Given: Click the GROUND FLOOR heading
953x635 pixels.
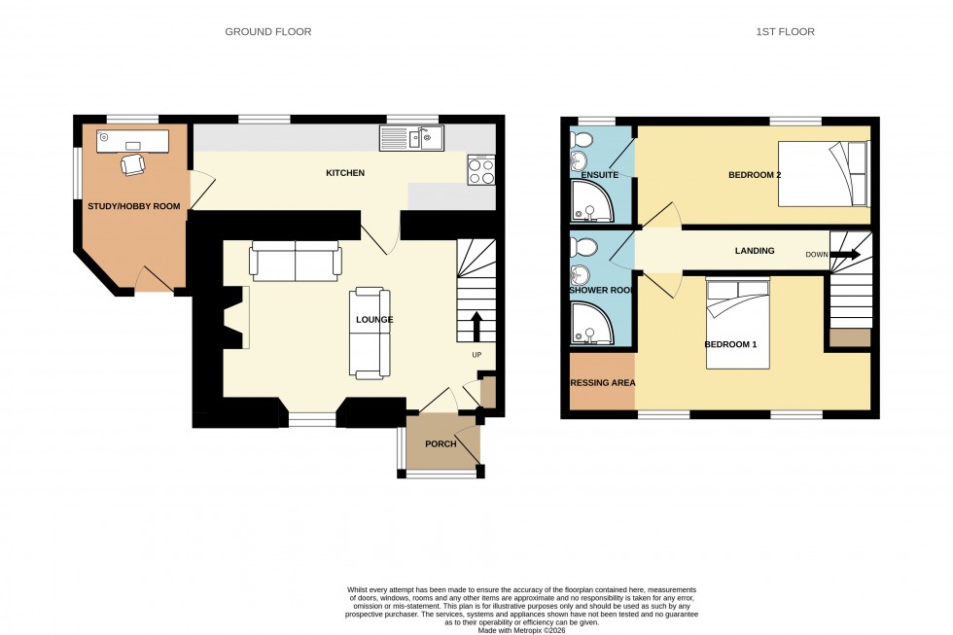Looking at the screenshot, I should tap(268, 32).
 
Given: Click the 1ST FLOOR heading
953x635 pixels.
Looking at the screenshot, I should tap(785, 32).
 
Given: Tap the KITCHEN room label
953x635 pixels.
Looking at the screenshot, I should tap(345, 173).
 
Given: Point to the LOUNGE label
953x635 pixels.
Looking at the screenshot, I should tap(374, 319).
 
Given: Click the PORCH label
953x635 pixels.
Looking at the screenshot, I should tap(441, 444).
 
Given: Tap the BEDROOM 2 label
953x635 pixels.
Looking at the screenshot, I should tap(756, 175).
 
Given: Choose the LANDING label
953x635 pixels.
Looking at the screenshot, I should tap(755, 251).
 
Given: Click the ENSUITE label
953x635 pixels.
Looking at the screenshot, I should tap(600, 175).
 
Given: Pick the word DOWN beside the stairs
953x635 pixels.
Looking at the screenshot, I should tap(817, 255).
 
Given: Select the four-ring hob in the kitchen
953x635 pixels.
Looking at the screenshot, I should tap(481, 171).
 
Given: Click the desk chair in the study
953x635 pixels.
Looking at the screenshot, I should tap(130, 166).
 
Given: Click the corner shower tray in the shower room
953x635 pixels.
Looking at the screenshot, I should tap(592, 324).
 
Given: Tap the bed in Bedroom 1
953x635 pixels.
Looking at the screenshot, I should tap(737, 322).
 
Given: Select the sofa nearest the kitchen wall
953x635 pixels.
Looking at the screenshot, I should tap(296, 260).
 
